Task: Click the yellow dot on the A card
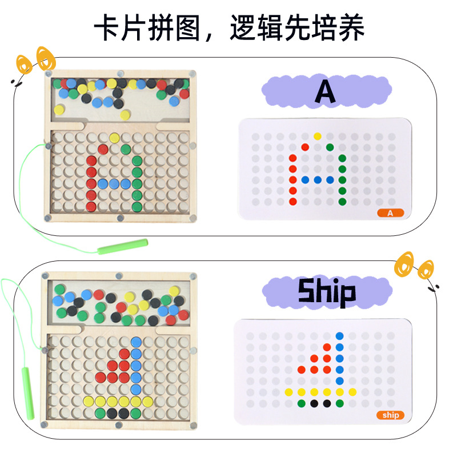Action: [x=318, y=136]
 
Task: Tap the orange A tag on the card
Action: [x=391, y=213]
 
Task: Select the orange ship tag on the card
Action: [x=391, y=415]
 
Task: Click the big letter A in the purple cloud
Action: [x=325, y=91]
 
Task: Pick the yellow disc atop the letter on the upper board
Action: [x=114, y=138]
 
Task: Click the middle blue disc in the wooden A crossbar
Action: [x=114, y=184]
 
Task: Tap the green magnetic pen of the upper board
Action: [x=123, y=246]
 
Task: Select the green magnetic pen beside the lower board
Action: [x=28, y=393]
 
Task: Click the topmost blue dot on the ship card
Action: [x=339, y=336]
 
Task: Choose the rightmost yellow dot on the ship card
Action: [x=352, y=392]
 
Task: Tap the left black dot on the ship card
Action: [x=314, y=403]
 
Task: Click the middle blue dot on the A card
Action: [x=318, y=180]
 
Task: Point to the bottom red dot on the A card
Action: [x=292, y=202]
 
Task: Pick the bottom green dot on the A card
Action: [x=342, y=202]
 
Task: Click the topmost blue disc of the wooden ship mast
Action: [x=136, y=342]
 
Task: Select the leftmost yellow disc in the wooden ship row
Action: [x=89, y=402]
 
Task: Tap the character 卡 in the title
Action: [x=106, y=27]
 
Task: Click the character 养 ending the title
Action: [x=351, y=27]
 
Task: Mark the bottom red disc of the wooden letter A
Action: [x=91, y=207]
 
